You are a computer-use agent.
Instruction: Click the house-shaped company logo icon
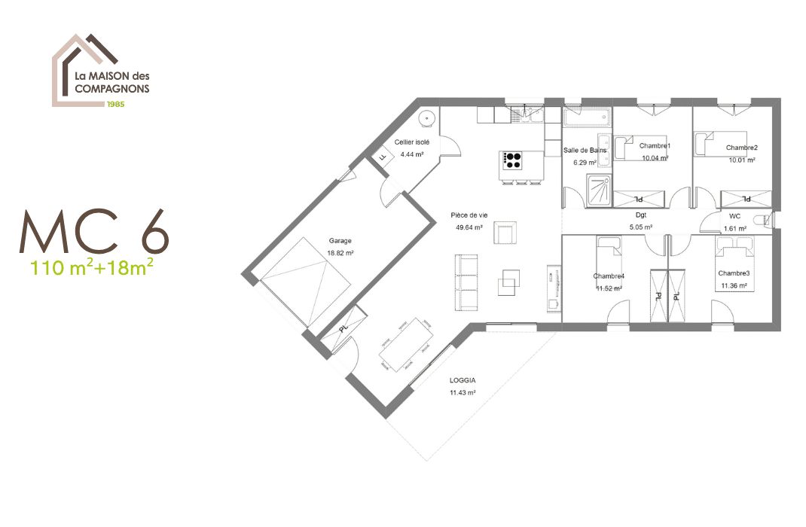coord(83,68)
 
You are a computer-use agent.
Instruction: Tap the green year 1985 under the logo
coord(115,103)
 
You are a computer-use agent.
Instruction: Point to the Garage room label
coord(340,241)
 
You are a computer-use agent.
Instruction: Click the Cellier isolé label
coord(412,142)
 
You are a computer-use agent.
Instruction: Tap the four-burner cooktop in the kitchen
coord(513,160)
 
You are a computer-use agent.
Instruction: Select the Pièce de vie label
coord(469,215)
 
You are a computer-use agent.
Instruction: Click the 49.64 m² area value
coord(469,227)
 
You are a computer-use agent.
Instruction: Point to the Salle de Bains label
coord(585,151)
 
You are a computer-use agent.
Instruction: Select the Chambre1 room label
coord(655,145)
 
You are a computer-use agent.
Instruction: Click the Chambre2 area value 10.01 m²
coord(742,160)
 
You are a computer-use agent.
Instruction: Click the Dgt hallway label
coord(641,215)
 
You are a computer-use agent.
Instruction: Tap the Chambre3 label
coord(733,273)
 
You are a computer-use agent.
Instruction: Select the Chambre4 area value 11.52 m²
coord(609,288)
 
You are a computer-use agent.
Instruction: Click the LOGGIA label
coord(463,381)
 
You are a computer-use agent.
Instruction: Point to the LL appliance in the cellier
coord(383,157)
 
